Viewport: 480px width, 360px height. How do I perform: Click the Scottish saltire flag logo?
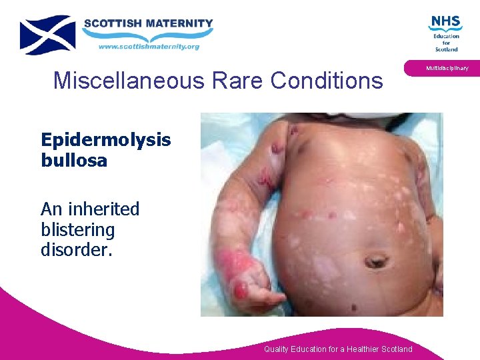pos(47,35)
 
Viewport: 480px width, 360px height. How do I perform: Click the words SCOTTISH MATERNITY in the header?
pos(148,23)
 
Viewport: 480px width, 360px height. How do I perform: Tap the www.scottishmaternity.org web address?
pos(149,47)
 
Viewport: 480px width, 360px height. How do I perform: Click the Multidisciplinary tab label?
pos(447,68)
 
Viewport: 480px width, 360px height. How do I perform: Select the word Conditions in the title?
pos(328,81)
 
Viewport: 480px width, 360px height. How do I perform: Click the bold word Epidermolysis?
pos(105,140)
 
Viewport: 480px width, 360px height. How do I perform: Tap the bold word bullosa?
pos(73,161)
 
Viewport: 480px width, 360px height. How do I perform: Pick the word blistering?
pos(77,230)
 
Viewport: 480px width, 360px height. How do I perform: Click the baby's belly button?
pos(376,260)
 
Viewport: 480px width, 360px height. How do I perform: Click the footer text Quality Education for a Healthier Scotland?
pos(338,349)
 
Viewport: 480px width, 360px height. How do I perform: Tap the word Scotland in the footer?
pos(394,349)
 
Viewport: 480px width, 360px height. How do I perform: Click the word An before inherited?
pos(51,209)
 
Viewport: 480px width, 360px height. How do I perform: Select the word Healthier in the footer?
pos(355,349)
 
